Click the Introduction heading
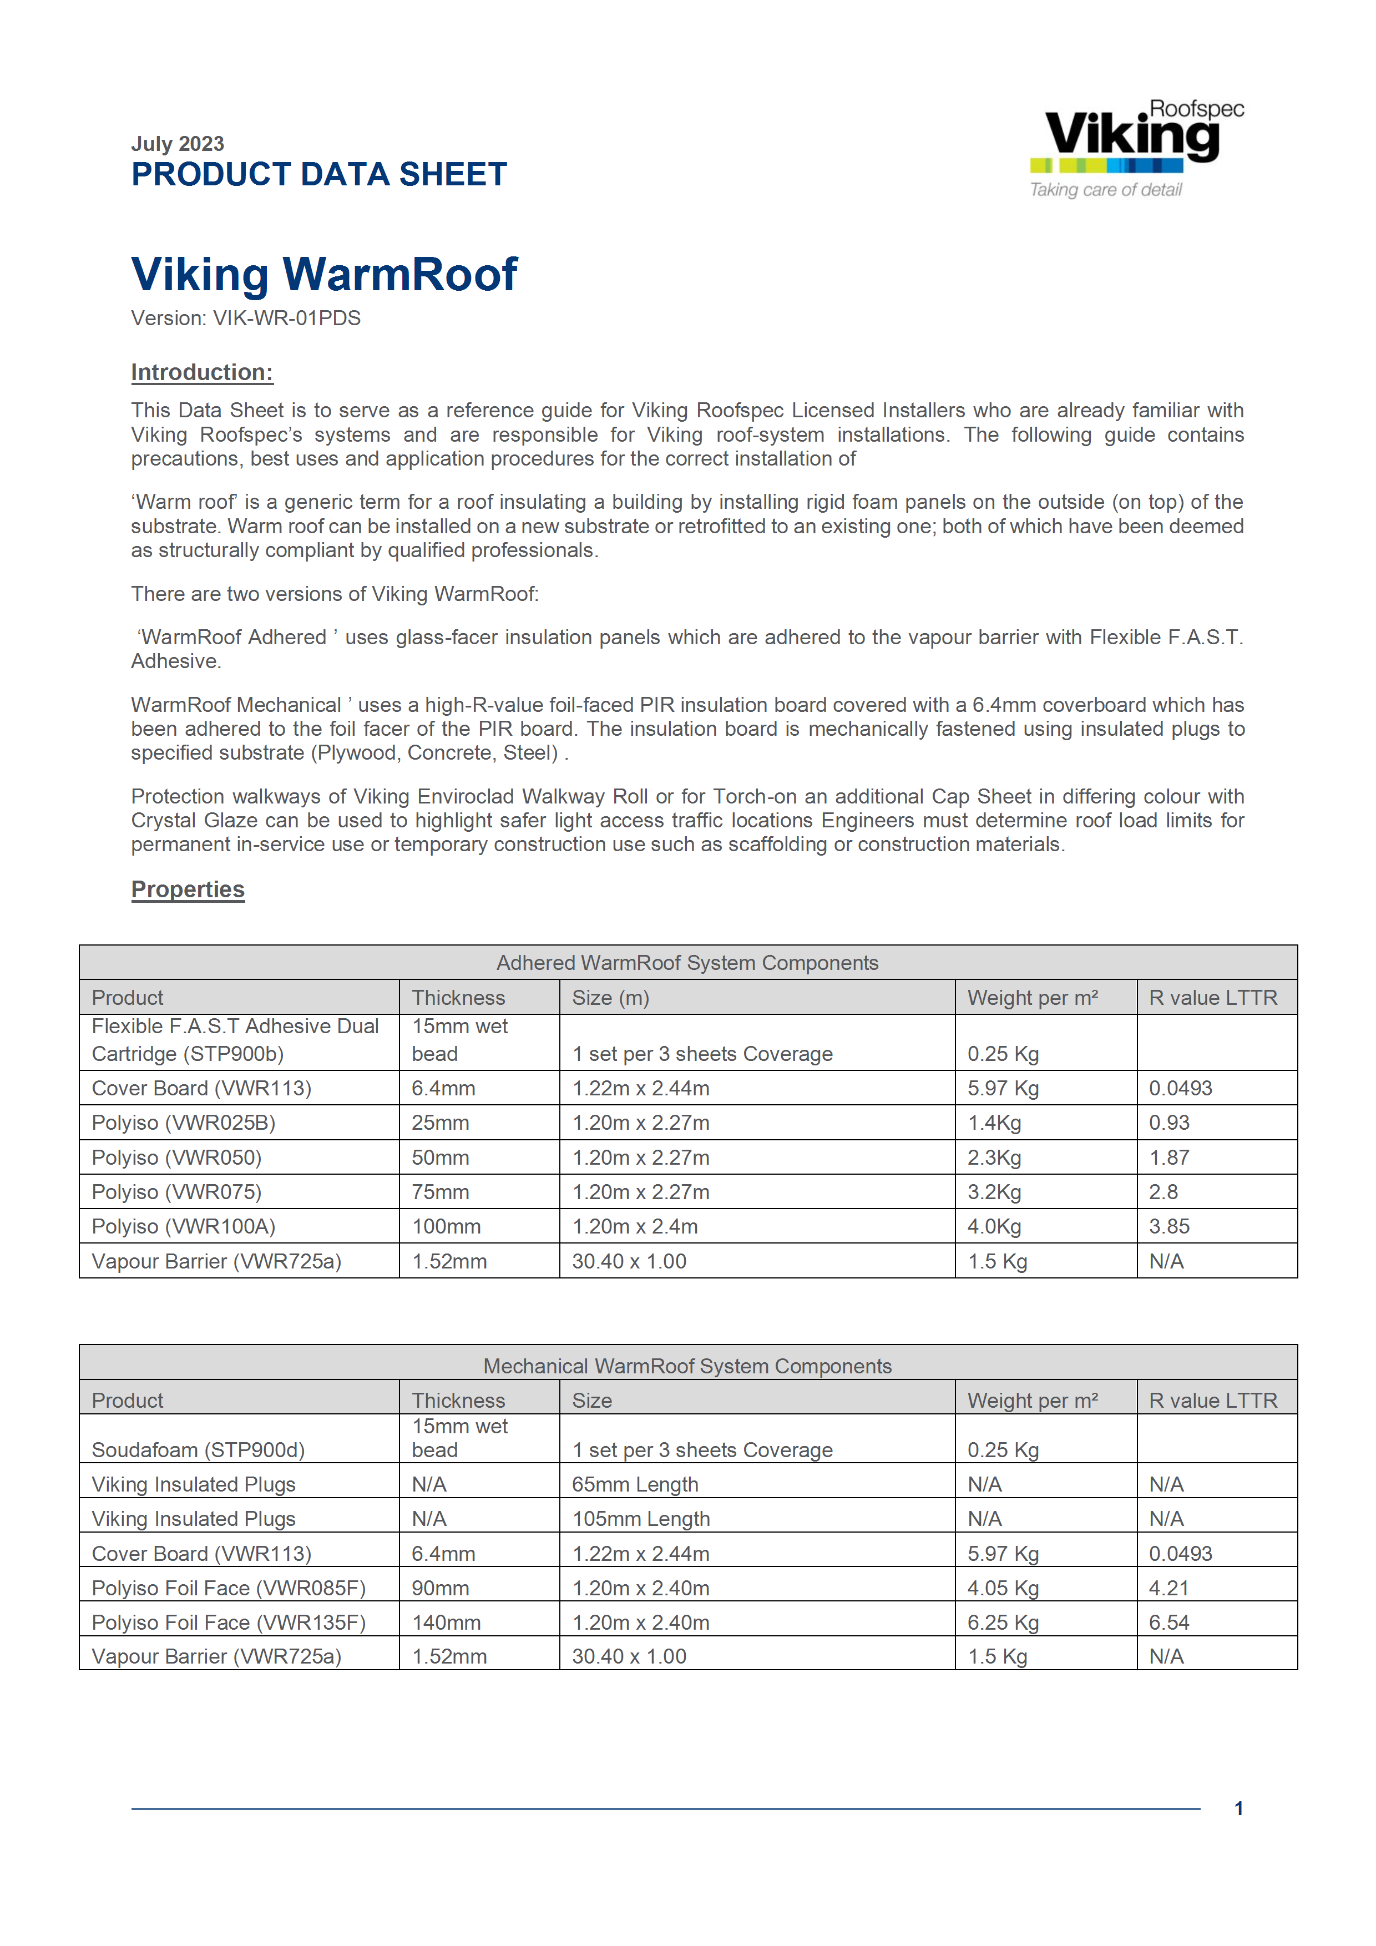pos(201,373)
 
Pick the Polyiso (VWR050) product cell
pos(176,1158)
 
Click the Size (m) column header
pos(610,998)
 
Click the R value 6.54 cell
pos(1168,1622)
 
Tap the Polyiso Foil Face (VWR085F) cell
pos(228,1588)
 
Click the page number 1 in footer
pos(1238,1809)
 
